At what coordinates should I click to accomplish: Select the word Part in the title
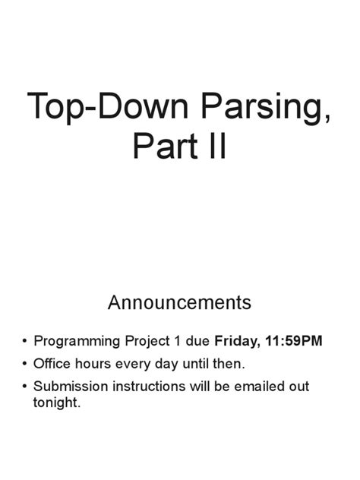[163, 147]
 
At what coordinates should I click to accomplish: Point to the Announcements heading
[179, 303]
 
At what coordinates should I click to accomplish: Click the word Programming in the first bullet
[75, 342]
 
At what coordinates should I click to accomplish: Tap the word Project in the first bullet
[143, 342]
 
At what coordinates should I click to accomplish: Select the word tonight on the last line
[56, 403]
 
